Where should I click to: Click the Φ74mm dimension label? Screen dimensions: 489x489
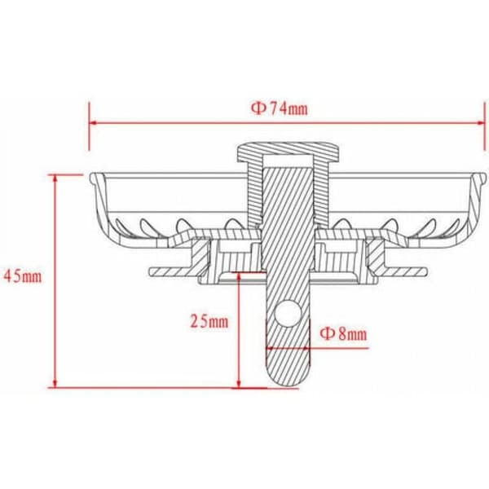(x=280, y=109)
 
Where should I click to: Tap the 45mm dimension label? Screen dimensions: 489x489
(x=23, y=276)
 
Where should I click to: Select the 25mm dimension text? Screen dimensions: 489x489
(x=209, y=321)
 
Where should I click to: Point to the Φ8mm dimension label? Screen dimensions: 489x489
(x=344, y=333)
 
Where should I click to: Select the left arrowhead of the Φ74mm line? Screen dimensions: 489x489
(x=93, y=123)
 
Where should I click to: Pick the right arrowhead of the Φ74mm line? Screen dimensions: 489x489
(x=481, y=123)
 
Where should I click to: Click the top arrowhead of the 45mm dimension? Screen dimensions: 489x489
(x=55, y=178)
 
